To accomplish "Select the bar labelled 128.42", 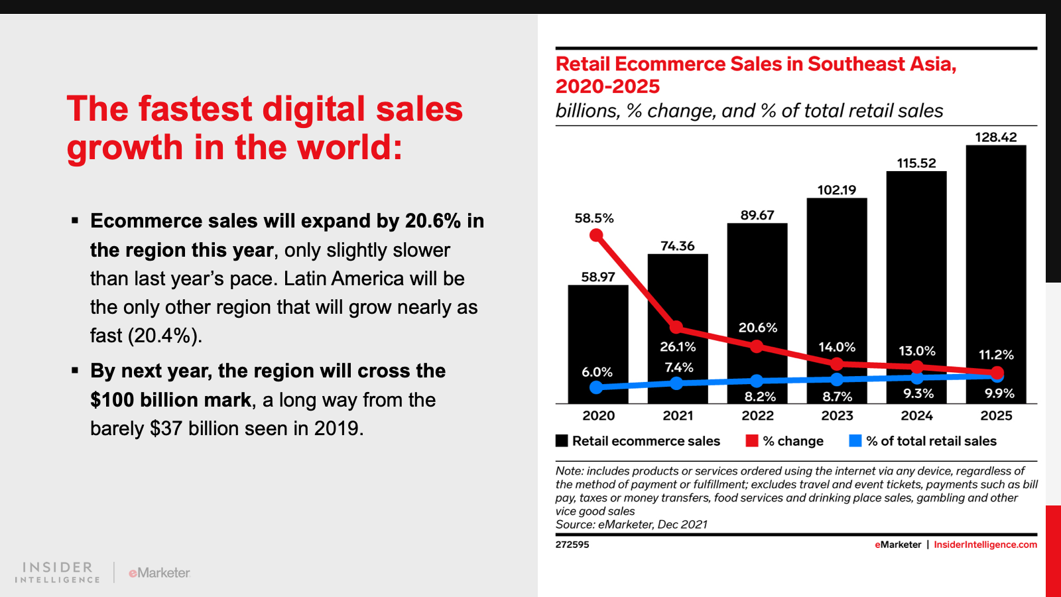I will [x=995, y=265].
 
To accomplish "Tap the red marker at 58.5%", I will [x=596, y=235].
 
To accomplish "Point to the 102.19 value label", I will [x=837, y=190].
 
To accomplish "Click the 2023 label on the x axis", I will [x=837, y=416].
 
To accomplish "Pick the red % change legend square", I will [x=752, y=441].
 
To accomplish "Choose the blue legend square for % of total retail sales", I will [x=855, y=441].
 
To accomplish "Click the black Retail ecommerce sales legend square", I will [x=562, y=441].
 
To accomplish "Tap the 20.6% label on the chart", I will [x=758, y=328].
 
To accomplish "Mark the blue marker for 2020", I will [x=596, y=387].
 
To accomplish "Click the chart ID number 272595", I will [x=572, y=545].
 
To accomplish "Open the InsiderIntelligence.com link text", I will [x=985, y=545].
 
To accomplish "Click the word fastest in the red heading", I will [x=196, y=109].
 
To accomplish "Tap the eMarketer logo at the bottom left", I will [x=159, y=572].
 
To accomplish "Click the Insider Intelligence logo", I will [x=58, y=572].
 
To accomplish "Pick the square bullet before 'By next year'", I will [x=75, y=370].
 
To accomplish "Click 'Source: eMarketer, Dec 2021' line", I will [x=631, y=525].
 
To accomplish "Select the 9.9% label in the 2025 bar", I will [x=999, y=393].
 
